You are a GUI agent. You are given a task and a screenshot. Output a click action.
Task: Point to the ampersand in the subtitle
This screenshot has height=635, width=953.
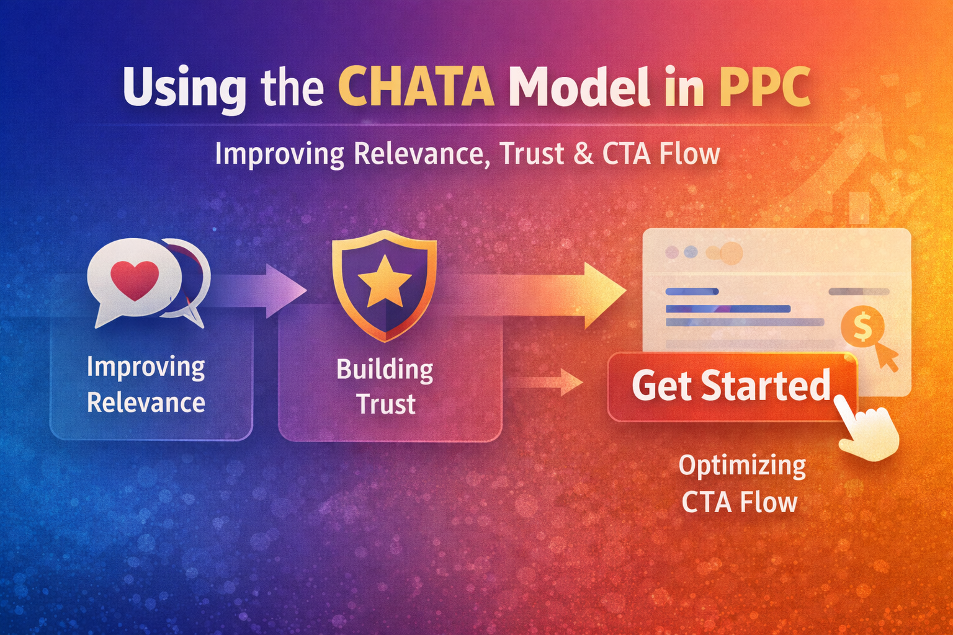pyautogui.click(x=583, y=154)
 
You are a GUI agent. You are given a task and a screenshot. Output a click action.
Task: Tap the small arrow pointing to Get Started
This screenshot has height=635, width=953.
pyautogui.click(x=552, y=382)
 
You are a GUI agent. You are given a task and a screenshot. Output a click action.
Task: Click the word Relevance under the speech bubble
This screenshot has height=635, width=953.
pyautogui.click(x=146, y=403)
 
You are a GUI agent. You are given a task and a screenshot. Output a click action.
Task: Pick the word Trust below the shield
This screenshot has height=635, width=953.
pyautogui.click(x=385, y=404)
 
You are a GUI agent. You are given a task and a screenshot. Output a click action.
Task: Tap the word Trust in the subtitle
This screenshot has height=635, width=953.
pyautogui.click(x=532, y=154)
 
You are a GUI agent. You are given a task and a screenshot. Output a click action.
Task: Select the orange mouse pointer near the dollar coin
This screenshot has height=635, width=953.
pyautogui.click(x=887, y=357)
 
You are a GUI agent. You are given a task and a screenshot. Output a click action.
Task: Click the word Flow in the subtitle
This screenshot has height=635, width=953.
pyautogui.click(x=689, y=154)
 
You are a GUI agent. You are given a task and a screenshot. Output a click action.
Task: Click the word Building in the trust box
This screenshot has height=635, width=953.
pyautogui.click(x=385, y=370)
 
